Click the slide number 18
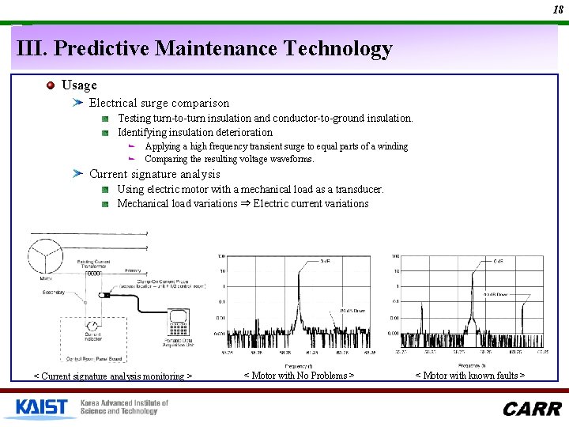[x=558, y=10]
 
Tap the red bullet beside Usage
[x=51, y=85]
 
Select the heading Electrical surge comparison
[x=159, y=103]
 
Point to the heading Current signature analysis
[x=154, y=174]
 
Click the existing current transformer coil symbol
[x=93, y=274]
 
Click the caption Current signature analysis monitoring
[x=112, y=376]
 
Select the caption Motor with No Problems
[x=299, y=376]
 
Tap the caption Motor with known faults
[x=470, y=376]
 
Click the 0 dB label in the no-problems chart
[x=325, y=262]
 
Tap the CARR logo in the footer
[x=532, y=409]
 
